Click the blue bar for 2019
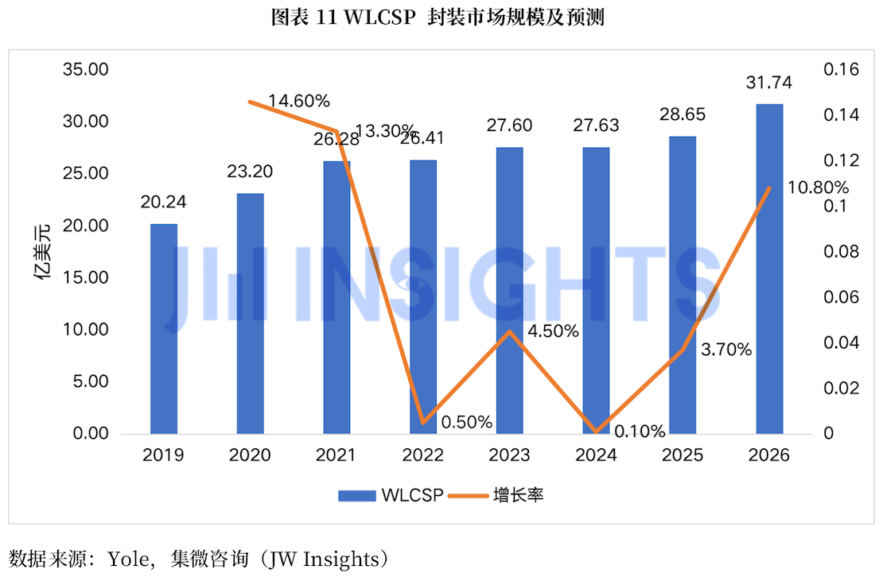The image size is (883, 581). point(164,329)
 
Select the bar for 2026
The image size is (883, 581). point(769,269)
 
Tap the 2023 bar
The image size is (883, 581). point(510,291)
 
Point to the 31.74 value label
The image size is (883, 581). point(769,83)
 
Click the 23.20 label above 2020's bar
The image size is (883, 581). point(250,171)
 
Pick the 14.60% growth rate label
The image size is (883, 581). point(298,101)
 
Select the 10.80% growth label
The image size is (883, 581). point(818,187)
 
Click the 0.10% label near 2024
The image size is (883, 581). point(640,432)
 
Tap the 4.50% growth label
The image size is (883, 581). point(553,331)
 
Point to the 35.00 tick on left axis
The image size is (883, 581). point(86,69)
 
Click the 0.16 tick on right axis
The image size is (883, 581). point(842,69)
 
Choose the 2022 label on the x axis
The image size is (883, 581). point(423,455)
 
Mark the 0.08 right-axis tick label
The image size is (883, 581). point(842,251)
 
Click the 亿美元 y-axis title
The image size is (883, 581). point(42,252)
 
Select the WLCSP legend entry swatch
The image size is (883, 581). point(357,495)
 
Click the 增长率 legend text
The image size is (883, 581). point(518,495)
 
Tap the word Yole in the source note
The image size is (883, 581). point(129,559)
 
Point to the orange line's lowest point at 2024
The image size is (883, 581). point(597,432)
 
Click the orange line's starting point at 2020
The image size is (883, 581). point(250,102)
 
